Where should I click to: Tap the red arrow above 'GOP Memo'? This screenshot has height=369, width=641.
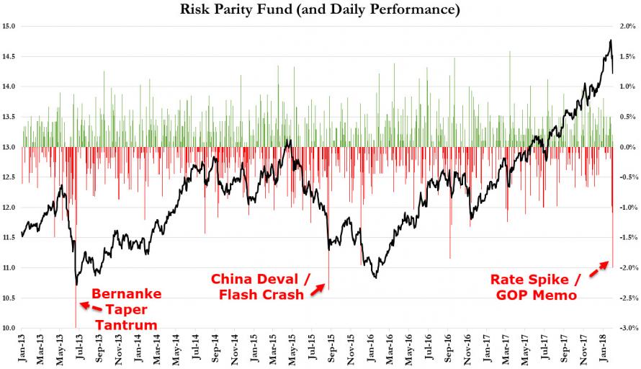click(x=600, y=270)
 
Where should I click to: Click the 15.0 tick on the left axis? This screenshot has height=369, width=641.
click(x=10, y=27)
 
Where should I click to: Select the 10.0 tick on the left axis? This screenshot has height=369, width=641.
click(x=10, y=329)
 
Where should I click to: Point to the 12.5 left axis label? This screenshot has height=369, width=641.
click(x=10, y=177)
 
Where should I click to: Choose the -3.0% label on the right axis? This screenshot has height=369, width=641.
click(x=626, y=329)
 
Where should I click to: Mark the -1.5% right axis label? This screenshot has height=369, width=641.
click(x=626, y=238)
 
